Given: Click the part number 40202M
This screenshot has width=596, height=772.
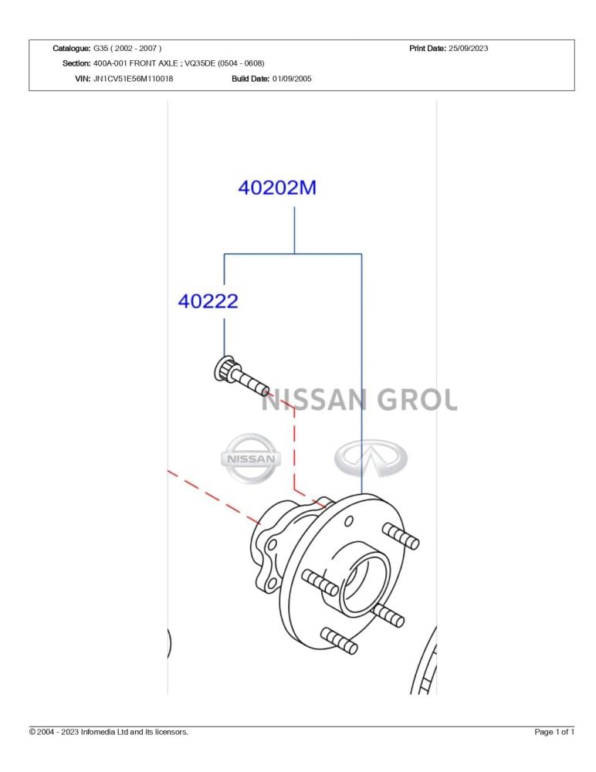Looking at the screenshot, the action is [x=277, y=188].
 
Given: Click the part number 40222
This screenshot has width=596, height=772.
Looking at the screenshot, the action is [x=208, y=301].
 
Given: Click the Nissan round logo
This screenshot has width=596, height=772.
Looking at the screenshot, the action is [x=250, y=459].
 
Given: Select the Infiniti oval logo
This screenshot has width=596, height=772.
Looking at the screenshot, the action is [x=371, y=459].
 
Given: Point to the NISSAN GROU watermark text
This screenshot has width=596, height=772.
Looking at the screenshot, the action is [x=359, y=399].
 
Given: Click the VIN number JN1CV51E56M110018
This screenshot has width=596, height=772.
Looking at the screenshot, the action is [x=133, y=78].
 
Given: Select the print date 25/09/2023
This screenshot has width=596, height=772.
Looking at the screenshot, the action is [x=468, y=48].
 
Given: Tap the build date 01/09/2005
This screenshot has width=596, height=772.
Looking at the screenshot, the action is [x=292, y=78].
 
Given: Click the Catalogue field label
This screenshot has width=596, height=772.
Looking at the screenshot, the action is [x=72, y=48].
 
